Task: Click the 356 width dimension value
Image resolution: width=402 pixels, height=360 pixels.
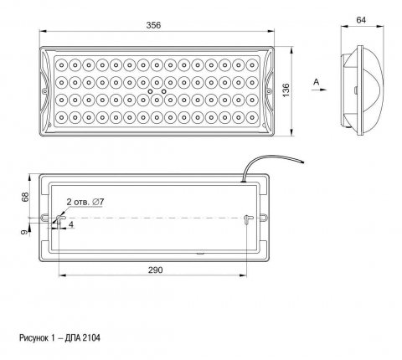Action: click(x=153, y=25)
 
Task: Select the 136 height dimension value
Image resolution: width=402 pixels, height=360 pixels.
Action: click(x=286, y=90)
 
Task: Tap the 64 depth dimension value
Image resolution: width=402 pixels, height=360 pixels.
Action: click(x=361, y=20)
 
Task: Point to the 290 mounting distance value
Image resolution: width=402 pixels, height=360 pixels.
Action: click(x=155, y=270)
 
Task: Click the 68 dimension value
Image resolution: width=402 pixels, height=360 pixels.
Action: click(x=25, y=197)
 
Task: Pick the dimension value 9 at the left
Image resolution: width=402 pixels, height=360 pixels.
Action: click(x=25, y=232)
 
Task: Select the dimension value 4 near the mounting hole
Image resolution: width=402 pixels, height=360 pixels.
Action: click(x=71, y=224)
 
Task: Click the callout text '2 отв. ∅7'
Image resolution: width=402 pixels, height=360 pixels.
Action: click(x=85, y=202)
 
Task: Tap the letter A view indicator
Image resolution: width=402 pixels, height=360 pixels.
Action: click(x=317, y=82)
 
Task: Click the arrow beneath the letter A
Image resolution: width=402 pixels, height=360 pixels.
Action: click(x=319, y=90)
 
